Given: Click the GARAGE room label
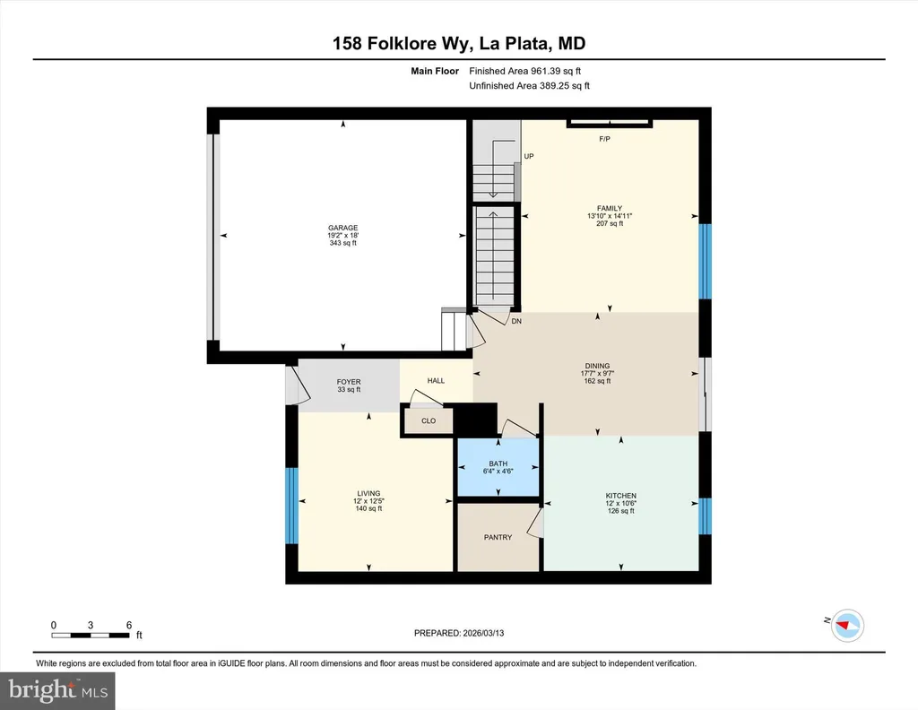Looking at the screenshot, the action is pos(343,228).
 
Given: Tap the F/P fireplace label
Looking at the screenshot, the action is pos(605,139).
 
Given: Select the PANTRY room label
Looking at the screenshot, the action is pos(498,537).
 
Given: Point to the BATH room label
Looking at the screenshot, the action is pos(498,463).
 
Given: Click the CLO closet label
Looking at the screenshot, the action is pos(429,420).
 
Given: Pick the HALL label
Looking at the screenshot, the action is pos(436,380).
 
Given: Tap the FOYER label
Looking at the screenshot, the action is pos(349,382).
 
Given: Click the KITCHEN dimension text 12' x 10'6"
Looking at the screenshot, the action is pos(621,504).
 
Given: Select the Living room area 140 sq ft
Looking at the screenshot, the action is pos(368,508).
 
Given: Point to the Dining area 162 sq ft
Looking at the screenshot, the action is pos(597,381).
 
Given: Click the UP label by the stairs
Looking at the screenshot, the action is pos(529,156).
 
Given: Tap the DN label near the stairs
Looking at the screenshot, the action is pos(516,321).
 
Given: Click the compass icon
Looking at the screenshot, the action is pos(848,626).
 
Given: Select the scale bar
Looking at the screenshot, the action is pos(91,635).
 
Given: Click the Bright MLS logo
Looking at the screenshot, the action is pos(57,690).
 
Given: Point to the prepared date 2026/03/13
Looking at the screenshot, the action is pos(483,633).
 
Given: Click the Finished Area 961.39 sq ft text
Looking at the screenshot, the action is pos(524,71).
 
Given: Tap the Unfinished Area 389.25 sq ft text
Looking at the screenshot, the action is pos(529,85).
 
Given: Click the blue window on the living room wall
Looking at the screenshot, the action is pos(291,506).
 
